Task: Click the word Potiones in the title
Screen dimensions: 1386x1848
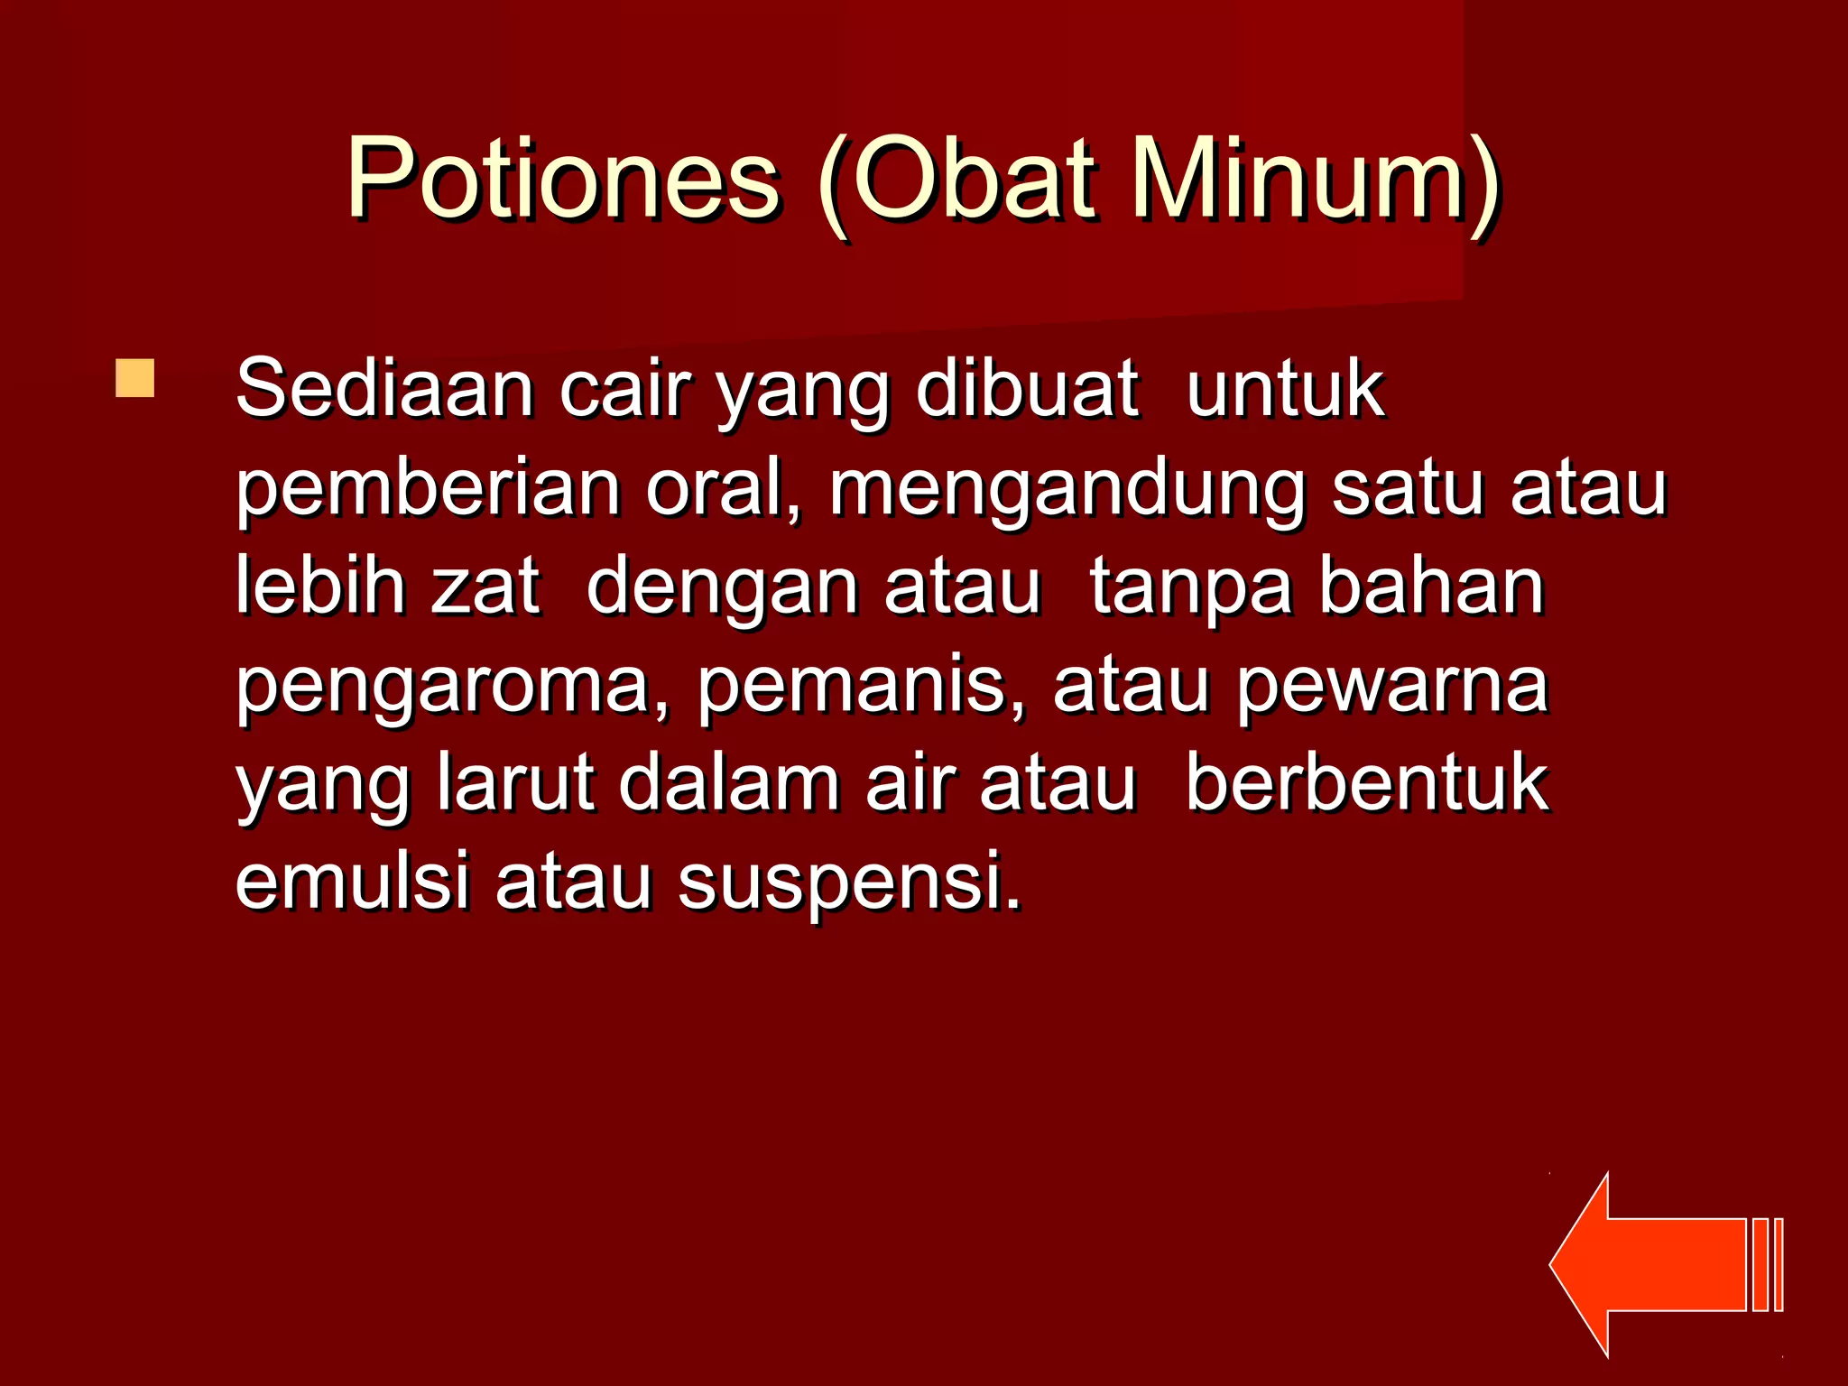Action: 563,179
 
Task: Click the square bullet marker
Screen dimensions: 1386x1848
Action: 134,378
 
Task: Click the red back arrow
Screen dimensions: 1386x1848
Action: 1660,1264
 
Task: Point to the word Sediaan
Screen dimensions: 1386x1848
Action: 384,390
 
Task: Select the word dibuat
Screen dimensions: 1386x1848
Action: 1026,390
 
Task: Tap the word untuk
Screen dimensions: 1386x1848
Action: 1285,390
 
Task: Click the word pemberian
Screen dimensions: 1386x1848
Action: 428,489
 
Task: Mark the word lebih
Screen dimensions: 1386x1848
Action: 320,587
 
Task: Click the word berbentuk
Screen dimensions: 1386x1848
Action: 1367,783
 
